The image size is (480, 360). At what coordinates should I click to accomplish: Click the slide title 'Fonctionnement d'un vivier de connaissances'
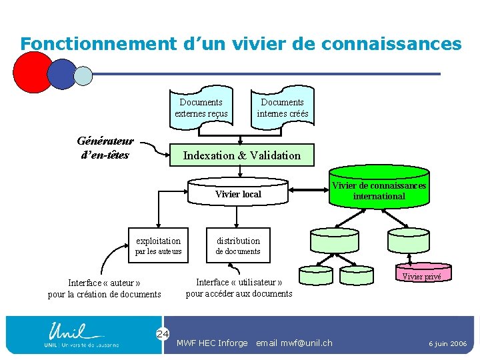pyautogui.click(x=241, y=44)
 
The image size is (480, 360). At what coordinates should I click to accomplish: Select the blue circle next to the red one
pyautogui.click(x=63, y=74)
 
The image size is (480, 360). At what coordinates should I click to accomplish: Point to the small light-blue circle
pyautogui.click(x=83, y=75)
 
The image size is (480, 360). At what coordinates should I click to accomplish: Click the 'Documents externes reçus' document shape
pyautogui.click(x=201, y=107)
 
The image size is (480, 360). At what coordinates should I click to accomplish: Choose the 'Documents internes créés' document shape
pyautogui.click(x=282, y=107)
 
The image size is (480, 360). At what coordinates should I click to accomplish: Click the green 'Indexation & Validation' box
pyautogui.click(x=241, y=155)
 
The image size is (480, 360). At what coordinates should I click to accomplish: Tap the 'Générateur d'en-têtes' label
pyautogui.click(x=105, y=148)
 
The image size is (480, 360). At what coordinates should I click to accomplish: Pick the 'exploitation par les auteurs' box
pyautogui.click(x=158, y=245)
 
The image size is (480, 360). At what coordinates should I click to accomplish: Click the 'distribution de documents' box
pyautogui.click(x=238, y=245)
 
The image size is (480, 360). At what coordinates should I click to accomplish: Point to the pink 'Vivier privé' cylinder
pyautogui.click(x=421, y=274)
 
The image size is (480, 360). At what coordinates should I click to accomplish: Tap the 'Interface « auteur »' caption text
pyautogui.click(x=104, y=288)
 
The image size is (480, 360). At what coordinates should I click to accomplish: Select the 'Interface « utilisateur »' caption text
pyautogui.click(x=239, y=287)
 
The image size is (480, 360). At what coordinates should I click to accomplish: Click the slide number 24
pyautogui.click(x=163, y=333)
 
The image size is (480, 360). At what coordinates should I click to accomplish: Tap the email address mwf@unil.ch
pyautogui.click(x=294, y=343)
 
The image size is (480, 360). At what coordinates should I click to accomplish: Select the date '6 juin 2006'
pyautogui.click(x=447, y=343)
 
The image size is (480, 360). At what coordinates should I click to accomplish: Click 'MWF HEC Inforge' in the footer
pyautogui.click(x=211, y=343)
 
